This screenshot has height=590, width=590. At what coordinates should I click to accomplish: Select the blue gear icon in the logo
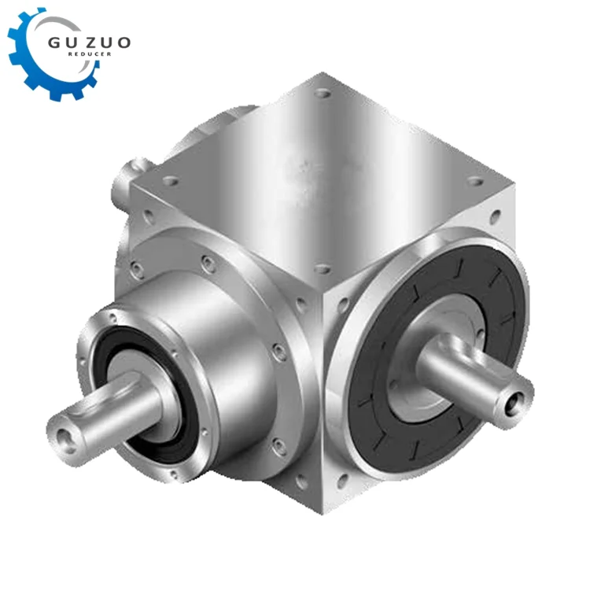(x=31, y=59)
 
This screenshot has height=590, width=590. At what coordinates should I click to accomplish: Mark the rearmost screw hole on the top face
(x=322, y=93)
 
